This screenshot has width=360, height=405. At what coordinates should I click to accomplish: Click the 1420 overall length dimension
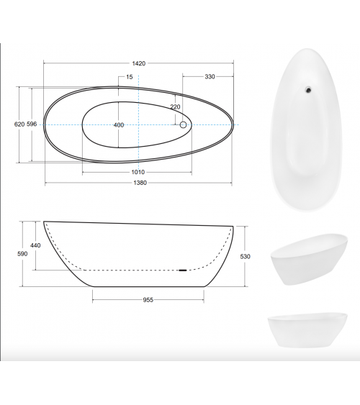click(139, 63)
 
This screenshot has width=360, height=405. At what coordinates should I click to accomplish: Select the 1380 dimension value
click(140, 183)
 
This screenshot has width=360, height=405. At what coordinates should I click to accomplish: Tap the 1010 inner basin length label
click(138, 172)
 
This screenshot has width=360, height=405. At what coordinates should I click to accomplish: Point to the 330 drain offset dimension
click(210, 76)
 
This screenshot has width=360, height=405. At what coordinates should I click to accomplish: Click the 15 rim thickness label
click(130, 77)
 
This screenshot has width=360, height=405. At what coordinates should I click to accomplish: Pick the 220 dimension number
click(175, 106)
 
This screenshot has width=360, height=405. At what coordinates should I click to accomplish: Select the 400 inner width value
click(119, 125)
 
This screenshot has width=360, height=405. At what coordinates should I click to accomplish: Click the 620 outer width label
click(19, 124)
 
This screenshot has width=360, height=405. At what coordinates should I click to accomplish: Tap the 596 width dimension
click(32, 124)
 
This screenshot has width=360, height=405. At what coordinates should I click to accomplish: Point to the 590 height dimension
click(22, 254)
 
